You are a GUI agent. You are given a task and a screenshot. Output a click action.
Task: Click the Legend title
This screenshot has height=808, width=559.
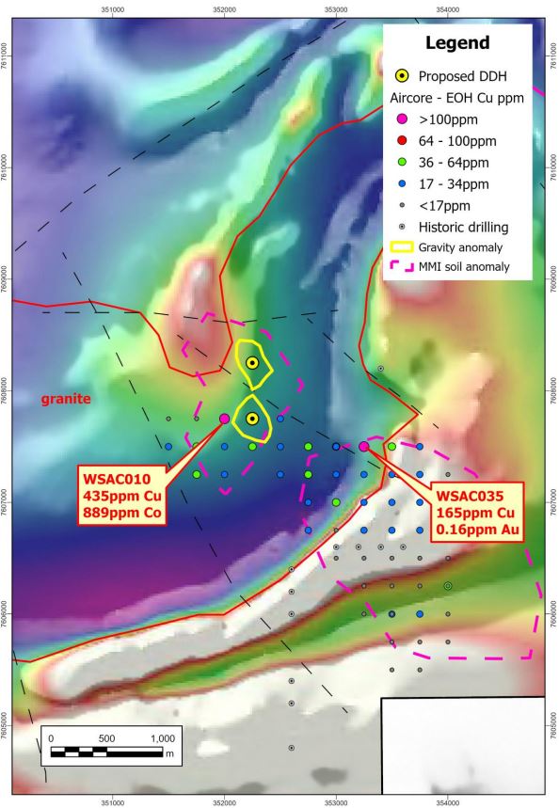pyautogui.click(x=457, y=42)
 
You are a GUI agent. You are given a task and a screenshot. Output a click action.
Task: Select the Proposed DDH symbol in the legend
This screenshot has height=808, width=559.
pyautogui.click(x=401, y=76)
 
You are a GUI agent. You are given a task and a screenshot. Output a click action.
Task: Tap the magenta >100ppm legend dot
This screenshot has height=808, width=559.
pyautogui.click(x=401, y=119)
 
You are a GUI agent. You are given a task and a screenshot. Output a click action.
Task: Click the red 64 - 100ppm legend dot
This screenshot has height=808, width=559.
pyautogui.click(x=401, y=140)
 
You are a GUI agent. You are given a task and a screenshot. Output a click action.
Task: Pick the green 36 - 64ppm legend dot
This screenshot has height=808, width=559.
pyautogui.click(x=401, y=162)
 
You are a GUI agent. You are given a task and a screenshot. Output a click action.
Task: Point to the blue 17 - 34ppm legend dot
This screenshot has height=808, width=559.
pyautogui.click(x=401, y=183)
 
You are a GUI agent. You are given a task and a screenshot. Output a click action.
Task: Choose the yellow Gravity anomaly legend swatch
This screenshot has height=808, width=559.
pyautogui.click(x=401, y=247)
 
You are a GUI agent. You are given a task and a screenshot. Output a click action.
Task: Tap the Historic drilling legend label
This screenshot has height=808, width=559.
pyautogui.click(x=463, y=227)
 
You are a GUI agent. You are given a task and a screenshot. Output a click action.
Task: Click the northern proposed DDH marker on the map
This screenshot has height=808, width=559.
pyautogui.click(x=252, y=362)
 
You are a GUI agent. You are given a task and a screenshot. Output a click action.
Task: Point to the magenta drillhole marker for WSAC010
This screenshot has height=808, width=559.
pyautogui.click(x=224, y=419)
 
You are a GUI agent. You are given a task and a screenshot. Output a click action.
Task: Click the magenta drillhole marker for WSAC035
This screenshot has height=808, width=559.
pyautogui.click(x=364, y=446)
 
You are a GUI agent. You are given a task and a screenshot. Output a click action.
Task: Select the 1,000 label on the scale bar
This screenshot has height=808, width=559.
pyautogui.click(x=161, y=737)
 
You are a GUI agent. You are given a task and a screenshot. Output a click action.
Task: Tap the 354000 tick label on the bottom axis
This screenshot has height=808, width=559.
pyautogui.click(x=448, y=802)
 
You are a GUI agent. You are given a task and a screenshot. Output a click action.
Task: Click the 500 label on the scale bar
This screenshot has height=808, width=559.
pyautogui.click(x=106, y=737)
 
